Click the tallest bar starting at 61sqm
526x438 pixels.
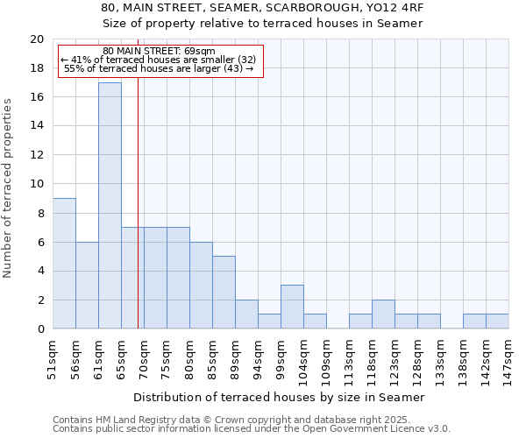110,206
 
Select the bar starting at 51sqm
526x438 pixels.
64,263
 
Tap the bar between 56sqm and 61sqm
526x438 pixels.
87,285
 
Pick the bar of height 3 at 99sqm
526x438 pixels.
292,307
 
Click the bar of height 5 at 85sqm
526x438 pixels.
224,292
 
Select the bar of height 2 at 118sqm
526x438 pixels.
383,314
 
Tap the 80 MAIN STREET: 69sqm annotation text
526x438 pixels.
159,52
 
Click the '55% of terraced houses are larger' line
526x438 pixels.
159,68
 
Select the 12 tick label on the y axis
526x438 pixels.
36,155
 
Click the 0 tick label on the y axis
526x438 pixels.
39,329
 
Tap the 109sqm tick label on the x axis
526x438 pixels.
327,358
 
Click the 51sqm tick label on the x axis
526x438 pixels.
53,358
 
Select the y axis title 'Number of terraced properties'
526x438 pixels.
8,187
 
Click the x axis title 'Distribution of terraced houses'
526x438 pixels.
281,397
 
